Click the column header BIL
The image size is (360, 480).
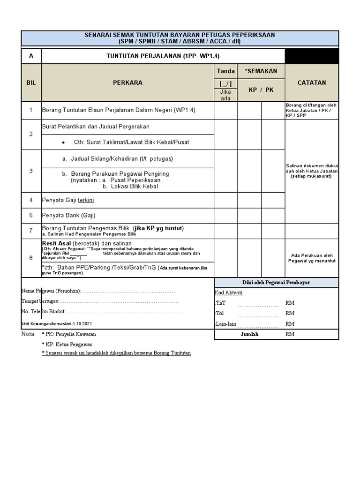click(31, 82)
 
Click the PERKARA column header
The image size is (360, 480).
click(127, 82)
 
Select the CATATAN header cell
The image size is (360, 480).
click(312, 82)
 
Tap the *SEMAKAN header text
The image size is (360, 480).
click(261, 71)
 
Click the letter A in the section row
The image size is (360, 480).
click(31, 56)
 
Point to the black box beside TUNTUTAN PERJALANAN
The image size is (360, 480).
click(312, 56)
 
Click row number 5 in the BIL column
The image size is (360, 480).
click(31, 216)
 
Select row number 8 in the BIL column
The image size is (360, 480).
click(31, 258)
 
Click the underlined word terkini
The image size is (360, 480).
click(86, 200)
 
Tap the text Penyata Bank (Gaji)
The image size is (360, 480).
click(68, 216)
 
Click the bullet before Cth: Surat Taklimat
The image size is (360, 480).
click(63, 142)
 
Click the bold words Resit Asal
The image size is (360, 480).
click(57, 243)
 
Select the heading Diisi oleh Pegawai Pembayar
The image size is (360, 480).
click(276, 282)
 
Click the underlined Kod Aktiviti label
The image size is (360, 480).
click(229, 292)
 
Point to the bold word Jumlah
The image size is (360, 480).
click(249, 334)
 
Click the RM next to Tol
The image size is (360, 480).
click(290, 313)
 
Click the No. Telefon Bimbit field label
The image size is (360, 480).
click(43, 312)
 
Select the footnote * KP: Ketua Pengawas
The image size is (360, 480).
click(67, 344)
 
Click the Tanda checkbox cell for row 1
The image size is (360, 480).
click(225, 110)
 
